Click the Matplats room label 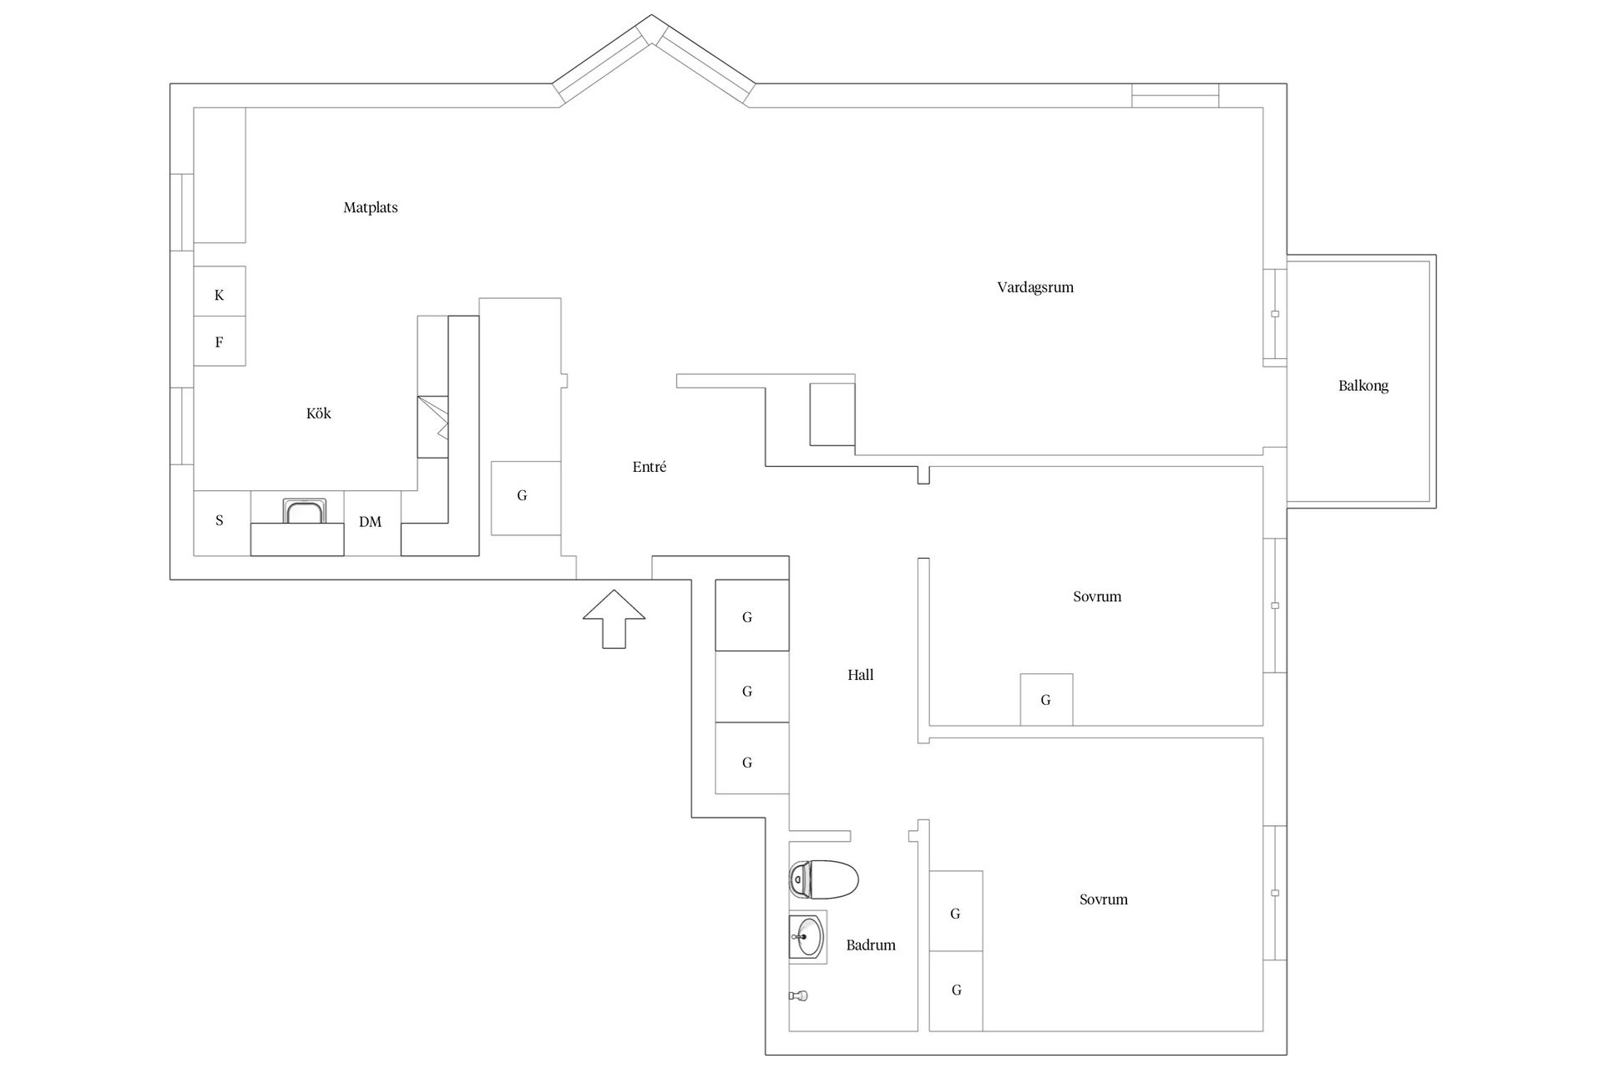pos(371,208)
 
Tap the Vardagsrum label pos(1035,287)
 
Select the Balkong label pos(1363,386)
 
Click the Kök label pos(319,413)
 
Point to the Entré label pos(650,468)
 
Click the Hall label pos(861,675)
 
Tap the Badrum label pos(871,945)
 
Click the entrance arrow pos(614,619)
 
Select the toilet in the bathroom pos(824,879)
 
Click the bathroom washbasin pos(807,937)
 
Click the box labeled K pos(220,291)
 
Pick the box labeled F pos(220,341)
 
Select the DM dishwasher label pos(371,522)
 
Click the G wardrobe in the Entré pos(525,498)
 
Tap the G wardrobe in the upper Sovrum pos(1046,700)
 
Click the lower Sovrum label pos(1104,899)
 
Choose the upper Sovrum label pos(1097,596)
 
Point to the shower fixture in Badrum pos(799,996)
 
